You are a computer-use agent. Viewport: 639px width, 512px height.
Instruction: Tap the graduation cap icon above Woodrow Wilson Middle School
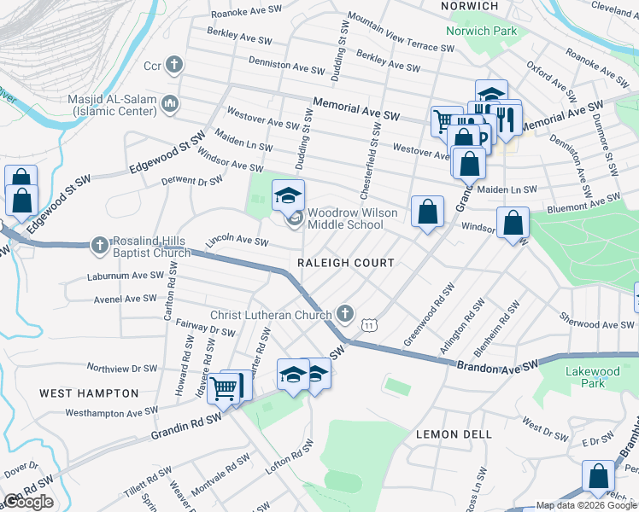[288, 195]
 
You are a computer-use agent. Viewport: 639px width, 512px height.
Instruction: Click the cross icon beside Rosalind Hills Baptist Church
[100, 246]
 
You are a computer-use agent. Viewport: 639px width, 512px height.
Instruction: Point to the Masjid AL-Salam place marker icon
[170, 104]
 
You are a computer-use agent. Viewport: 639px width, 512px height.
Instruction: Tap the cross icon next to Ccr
[173, 65]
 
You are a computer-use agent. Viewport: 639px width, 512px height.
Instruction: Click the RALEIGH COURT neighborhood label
[345, 263]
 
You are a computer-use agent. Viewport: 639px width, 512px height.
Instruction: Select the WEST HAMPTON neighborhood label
[89, 393]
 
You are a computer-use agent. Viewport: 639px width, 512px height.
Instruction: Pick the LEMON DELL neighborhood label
[454, 434]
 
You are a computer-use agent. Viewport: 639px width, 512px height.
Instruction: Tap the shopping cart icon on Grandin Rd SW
[224, 388]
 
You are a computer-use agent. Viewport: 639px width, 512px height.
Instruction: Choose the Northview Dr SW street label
[122, 369]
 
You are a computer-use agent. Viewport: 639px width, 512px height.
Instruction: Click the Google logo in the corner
[28, 502]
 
